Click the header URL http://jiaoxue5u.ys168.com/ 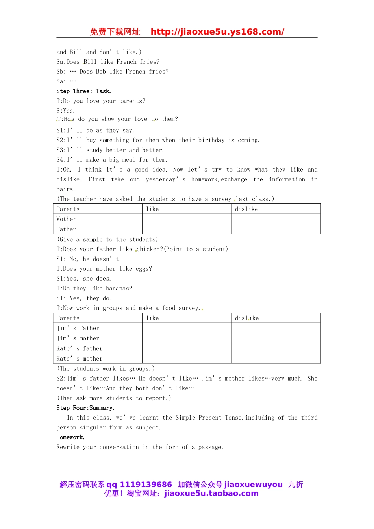(x=217, y=32)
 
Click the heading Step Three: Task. (x=83, y=91)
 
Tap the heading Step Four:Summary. (x=85, y=408)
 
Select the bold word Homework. (x=70, y=437)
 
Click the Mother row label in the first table (x=67, y=219)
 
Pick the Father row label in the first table (x=67, y=229)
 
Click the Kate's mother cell (x=80, y=359)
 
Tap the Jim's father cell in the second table (x=78, y=328)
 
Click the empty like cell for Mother (x=187, y=219)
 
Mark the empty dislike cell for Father (x=276, y=229)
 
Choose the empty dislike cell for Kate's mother (x=276, y=359)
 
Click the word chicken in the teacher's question (x=148, y=249)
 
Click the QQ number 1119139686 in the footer (x=146, y=485)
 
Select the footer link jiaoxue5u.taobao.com (x=211, y=494)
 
